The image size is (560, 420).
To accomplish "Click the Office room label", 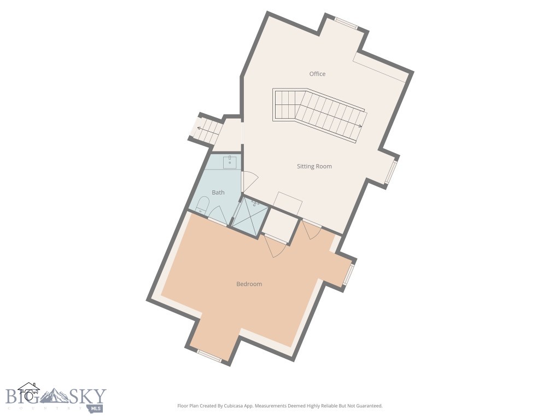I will [x=317, y=74].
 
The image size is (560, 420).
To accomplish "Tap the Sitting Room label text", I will [x=314, y=166].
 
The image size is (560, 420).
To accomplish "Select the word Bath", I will [x=218, y=192].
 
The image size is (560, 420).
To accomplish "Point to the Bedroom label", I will [x=249, y=284].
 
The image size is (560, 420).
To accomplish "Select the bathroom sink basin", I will [x=230, y=162].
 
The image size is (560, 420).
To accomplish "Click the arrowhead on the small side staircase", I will [x=199, y=129].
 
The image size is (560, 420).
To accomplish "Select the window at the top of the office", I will [x=346, y=23].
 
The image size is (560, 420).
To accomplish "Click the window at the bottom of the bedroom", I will [x=209, y=356].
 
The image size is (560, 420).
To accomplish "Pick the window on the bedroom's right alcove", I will [x=348, y=275].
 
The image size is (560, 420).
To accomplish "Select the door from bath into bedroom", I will [x=216, y=214].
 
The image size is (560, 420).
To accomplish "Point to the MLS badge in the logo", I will [x=96, y=408].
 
